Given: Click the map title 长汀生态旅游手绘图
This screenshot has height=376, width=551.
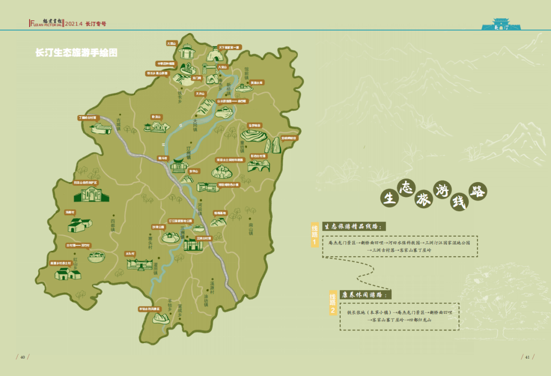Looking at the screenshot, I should tap(76, 53).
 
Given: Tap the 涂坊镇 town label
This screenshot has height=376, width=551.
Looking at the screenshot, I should tap(206, 299).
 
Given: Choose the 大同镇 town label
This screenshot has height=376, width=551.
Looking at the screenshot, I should tap(194, 126).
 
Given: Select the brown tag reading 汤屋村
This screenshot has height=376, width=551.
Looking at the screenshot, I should tap(70, 212).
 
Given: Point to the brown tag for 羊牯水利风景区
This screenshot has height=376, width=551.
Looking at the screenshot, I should tap(149, 309).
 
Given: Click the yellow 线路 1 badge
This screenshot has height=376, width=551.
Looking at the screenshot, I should tap(315, 235).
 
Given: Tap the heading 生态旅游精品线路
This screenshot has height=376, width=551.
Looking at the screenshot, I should tap(353, 227).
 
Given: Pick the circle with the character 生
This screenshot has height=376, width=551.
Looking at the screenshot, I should tap(389, 198).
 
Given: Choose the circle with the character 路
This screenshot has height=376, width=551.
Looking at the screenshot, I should tap(478, 191).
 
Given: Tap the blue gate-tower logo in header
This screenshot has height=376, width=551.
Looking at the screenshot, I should tap(500, 24).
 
